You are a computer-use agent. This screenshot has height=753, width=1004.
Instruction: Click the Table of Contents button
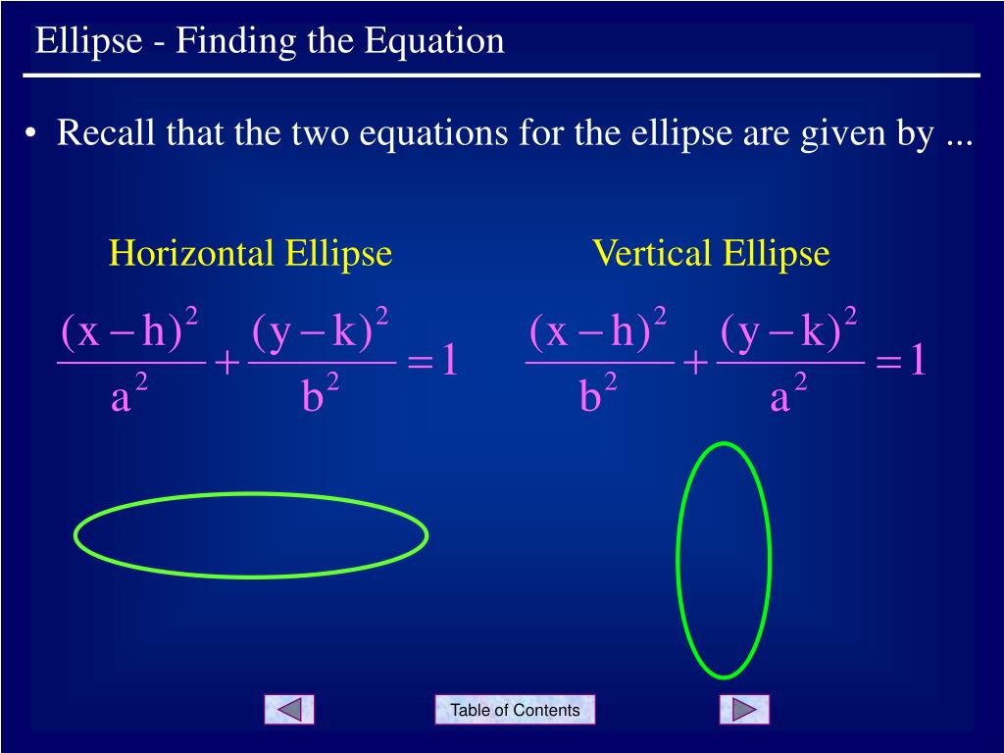pyautogui.click(x=515, y=710)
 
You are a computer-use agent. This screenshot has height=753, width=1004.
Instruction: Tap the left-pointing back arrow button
pyautogui.click(x=289, y=710)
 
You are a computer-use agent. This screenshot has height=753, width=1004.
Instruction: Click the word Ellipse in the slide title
pyautogui.click(x=88, y=41)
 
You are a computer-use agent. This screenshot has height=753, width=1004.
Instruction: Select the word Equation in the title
pyautogui.click(x=434, y=42)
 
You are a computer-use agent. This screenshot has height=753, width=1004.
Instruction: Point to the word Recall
pyautogui.click(x=106, y=132)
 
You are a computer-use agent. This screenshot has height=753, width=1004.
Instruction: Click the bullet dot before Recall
pyautogui.click(x=30, y=133)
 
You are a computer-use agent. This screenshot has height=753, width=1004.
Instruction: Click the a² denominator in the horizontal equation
pyautogui.click(x=129, y=393)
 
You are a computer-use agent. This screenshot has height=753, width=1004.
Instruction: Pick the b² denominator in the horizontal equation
pyautogui.click(x=321, y=392)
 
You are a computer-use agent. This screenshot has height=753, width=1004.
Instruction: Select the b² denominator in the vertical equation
pyautogui.click(x=598, y=392)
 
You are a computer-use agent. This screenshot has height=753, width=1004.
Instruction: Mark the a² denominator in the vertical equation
pyautogui.click(x=788, y=393)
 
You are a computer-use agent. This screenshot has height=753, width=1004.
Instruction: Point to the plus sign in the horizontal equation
pyautogui.click(x=227, y=363)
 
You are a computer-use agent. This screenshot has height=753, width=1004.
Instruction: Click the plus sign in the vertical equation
pyautogui.click(x=696, y=363)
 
